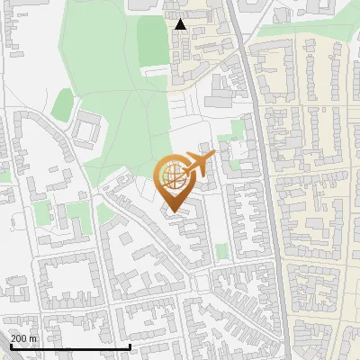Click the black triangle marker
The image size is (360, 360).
pos(181,24)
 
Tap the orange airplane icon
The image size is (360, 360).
pos(196,166)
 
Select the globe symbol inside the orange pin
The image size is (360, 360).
pos(173,177)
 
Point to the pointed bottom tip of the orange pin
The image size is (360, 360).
pos(173,212)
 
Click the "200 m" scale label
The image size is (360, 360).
pos(24,337)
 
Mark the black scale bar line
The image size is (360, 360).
pos(69,346)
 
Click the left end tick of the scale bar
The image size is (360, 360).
pos(9,345)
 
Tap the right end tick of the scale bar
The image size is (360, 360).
pos(130,345)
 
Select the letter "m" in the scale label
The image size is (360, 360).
pos(34,337)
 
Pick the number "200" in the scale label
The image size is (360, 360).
pos(20,337)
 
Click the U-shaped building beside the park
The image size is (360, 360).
pos(86,130)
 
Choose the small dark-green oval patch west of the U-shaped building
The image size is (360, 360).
pos(61,103)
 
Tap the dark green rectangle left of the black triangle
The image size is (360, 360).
pos(152,41)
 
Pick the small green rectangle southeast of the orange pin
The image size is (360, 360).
pos(221,250)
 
